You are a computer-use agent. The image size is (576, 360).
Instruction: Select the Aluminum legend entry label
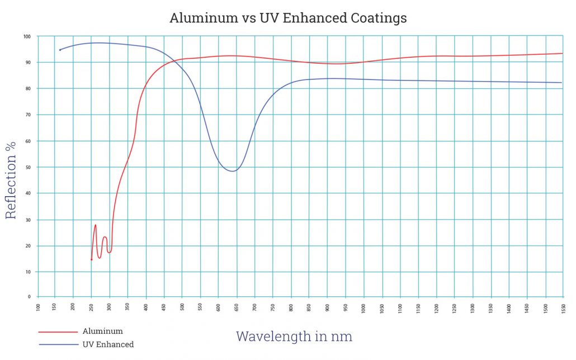(x=102, y=331)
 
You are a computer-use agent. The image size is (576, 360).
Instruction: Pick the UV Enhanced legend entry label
(x=108, y=344)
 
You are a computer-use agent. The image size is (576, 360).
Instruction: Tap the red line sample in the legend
(x=58, y=332)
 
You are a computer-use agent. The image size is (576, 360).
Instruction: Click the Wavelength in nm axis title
(x=294, y=337)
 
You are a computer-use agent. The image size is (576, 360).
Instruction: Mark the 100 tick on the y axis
(x=27, y=36)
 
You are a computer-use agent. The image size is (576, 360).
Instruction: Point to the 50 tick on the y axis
(x=28, y=167)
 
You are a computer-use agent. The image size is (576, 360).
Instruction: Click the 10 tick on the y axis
(x=28, y=272)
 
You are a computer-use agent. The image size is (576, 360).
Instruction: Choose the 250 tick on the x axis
(x=92, y=307)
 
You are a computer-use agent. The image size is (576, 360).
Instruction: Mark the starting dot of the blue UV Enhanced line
(x=60, y=50)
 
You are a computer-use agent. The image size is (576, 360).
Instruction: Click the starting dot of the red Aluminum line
(x=92, y=259)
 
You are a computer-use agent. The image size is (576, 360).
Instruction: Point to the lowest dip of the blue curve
(x=233, y=171)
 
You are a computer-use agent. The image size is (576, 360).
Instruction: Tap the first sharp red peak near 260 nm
(x=96, y=225)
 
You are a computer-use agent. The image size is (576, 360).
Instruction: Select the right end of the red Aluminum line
(x=563, y=54)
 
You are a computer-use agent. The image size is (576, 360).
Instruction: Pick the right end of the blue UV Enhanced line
(x=561, y=83)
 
